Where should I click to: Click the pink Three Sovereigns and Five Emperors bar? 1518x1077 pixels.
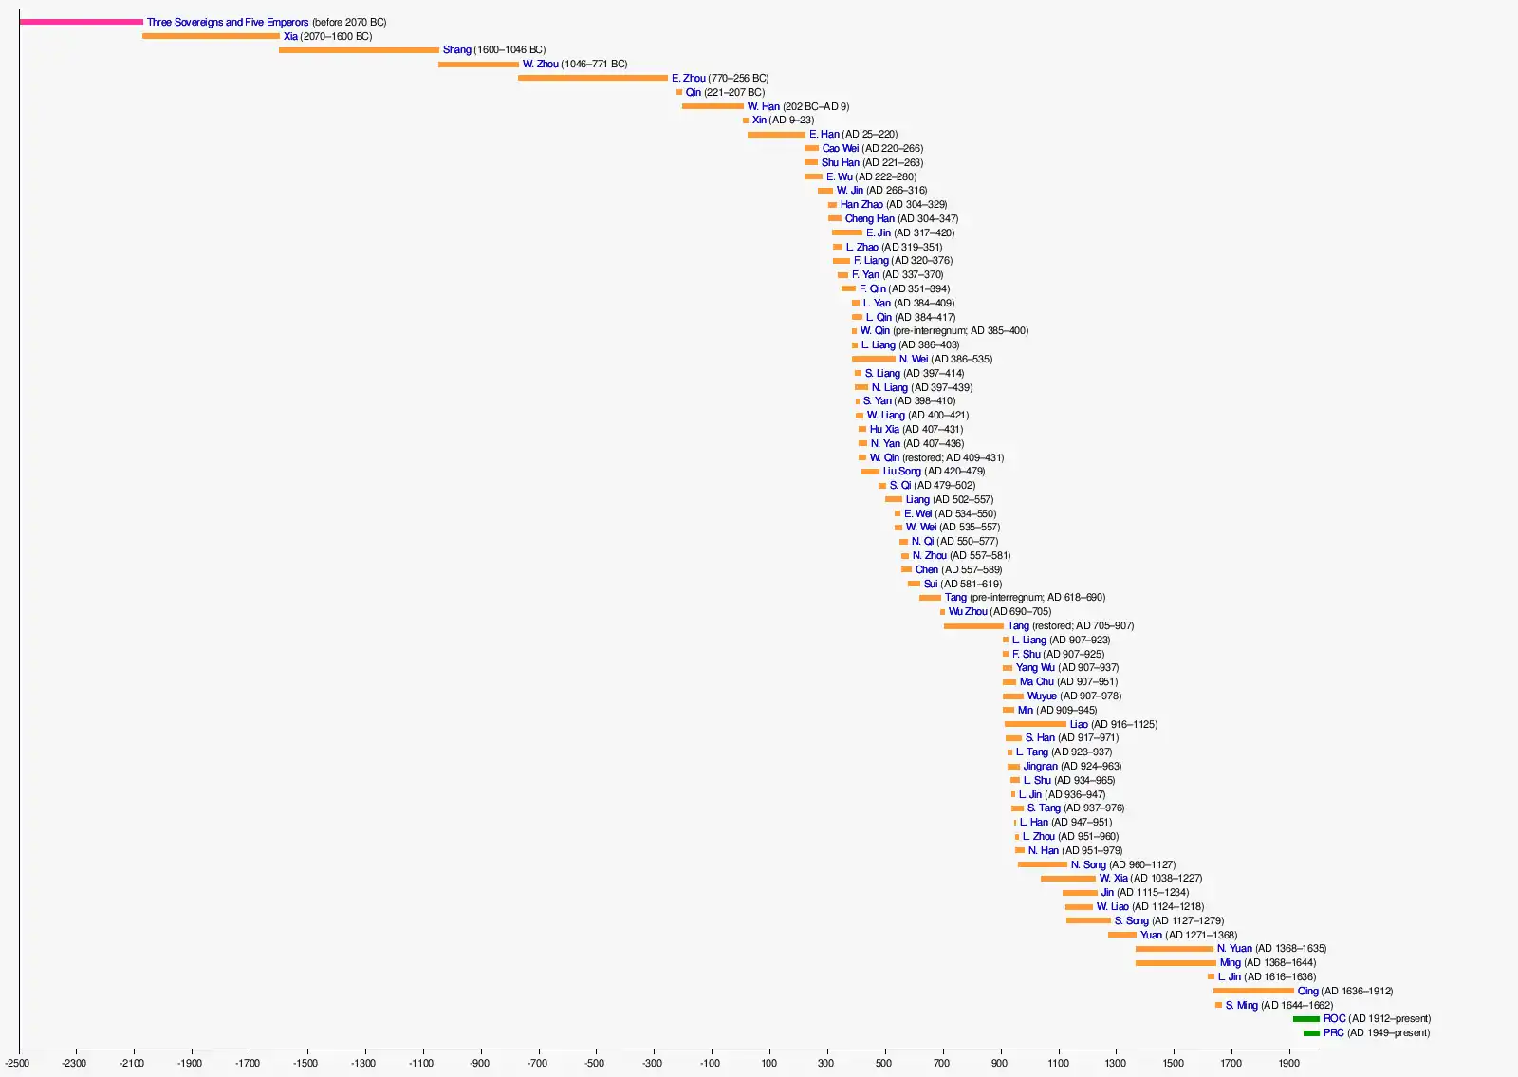(x=81, y=22)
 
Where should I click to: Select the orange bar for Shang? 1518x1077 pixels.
(x=359, y=50)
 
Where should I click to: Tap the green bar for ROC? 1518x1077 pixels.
(x=1305, y=1019)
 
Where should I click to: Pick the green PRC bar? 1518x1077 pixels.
(x=1311, y=1033)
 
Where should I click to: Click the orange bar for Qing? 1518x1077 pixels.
(x=1253, y=991)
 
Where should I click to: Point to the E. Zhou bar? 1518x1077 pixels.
(x=593, y=78)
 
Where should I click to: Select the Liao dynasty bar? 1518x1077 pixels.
(x=1035, y=724)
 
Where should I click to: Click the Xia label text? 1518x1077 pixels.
(x=290, y=36)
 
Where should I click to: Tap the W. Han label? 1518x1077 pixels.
(x=763, y=106)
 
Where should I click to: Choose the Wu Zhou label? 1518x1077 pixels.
(x=968, y=612)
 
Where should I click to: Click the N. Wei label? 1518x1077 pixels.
(x=913, y=359)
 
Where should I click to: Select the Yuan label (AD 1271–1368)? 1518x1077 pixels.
(x=1151, y=935)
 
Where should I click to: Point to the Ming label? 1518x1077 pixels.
(x=1230, y=962)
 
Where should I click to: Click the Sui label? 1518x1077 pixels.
(x=930, y=584)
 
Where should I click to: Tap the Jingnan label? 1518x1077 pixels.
(x=1040, y=766)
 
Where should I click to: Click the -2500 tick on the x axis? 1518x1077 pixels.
(x=18, y=1063)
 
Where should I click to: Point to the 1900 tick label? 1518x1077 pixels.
(x=1288, y=1063)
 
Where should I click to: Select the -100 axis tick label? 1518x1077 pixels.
(x=711, y=1063)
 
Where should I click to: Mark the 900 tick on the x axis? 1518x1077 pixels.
(x=999, y=1063)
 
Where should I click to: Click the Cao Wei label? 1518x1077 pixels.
(x=840, y=148)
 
